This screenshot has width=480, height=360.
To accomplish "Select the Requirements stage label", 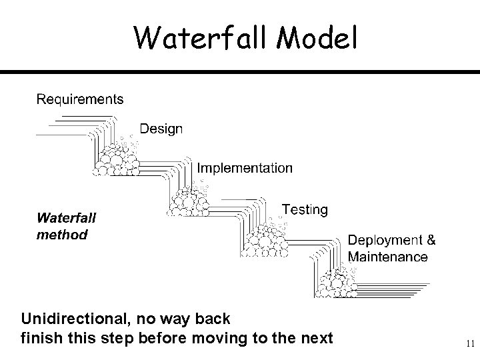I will coord(79,99).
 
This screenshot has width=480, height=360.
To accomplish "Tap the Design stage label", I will coord(161,129).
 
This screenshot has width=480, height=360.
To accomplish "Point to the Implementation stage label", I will coord(245,168).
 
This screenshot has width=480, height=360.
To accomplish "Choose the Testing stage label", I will coord(305,209).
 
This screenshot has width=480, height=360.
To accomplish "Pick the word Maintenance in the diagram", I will coord(388,257).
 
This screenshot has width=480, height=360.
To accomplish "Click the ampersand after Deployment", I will coord(431,240).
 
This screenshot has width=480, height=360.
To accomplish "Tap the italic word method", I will coord(61,235).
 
